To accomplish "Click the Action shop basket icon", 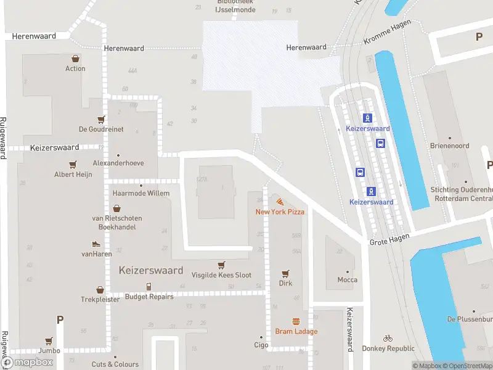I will (x=75, y=59).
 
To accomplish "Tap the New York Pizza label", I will (x=280, y=212).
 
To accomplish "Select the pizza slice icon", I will (x=280, y=202).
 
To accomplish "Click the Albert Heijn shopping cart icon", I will (x=73, y=165).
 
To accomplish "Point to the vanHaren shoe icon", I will (x=96, y=244).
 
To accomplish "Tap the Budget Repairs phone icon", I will (x=149, y=286).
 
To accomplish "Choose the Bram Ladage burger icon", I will (x=296, y=321).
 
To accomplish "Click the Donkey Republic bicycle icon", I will (x=388, y=338).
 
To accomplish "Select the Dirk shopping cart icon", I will (x=285, y=273).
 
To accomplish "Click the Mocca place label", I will (x=347, y=279).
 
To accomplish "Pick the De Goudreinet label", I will (x=101, y=129).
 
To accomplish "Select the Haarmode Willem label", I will (x=141, y=193).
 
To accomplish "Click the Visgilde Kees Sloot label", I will (x=221, y=275).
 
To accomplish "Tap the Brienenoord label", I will (x=449, y=146).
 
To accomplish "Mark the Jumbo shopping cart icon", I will (x=49, y=340).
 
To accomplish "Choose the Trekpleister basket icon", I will (x=100, y=289).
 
